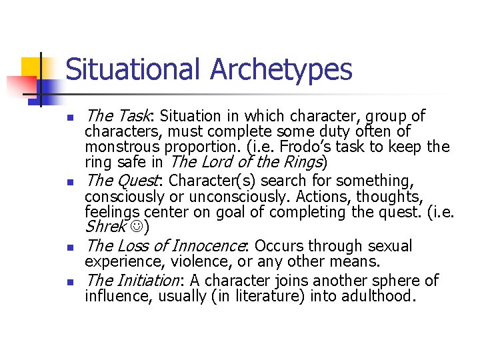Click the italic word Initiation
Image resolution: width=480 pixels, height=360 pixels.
point(145,280)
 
